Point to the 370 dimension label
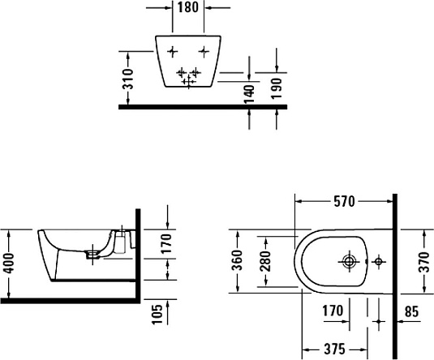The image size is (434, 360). tap(425, 261)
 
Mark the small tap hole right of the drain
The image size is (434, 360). tap(378, 261)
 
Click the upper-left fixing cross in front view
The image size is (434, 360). tap(171, 52)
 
